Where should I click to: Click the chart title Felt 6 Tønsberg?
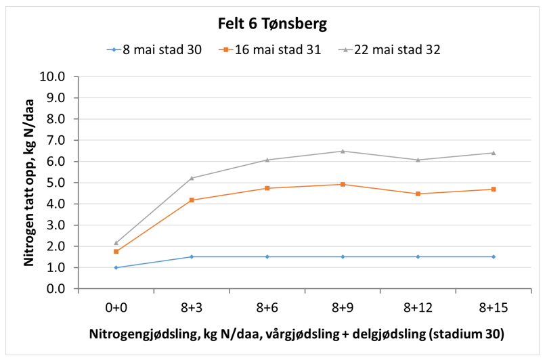click(272, 24)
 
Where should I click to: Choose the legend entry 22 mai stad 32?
click(383, 50)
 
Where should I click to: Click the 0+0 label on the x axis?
click(116, 308)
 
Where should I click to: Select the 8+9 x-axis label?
click(343, 308)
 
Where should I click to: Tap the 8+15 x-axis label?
click(494, 308)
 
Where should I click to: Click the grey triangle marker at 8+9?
click(343, 151)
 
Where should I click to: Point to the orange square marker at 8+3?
click(192, 200)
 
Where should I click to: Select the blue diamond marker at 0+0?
click(116, 268)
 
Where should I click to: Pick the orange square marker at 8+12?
click(418, 194)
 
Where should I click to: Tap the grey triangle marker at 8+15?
click(494, 153)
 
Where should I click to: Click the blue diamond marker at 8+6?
click(267, 256)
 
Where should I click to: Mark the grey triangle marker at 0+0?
click(116, 243)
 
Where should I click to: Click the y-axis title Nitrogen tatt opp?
click(30, 183)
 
